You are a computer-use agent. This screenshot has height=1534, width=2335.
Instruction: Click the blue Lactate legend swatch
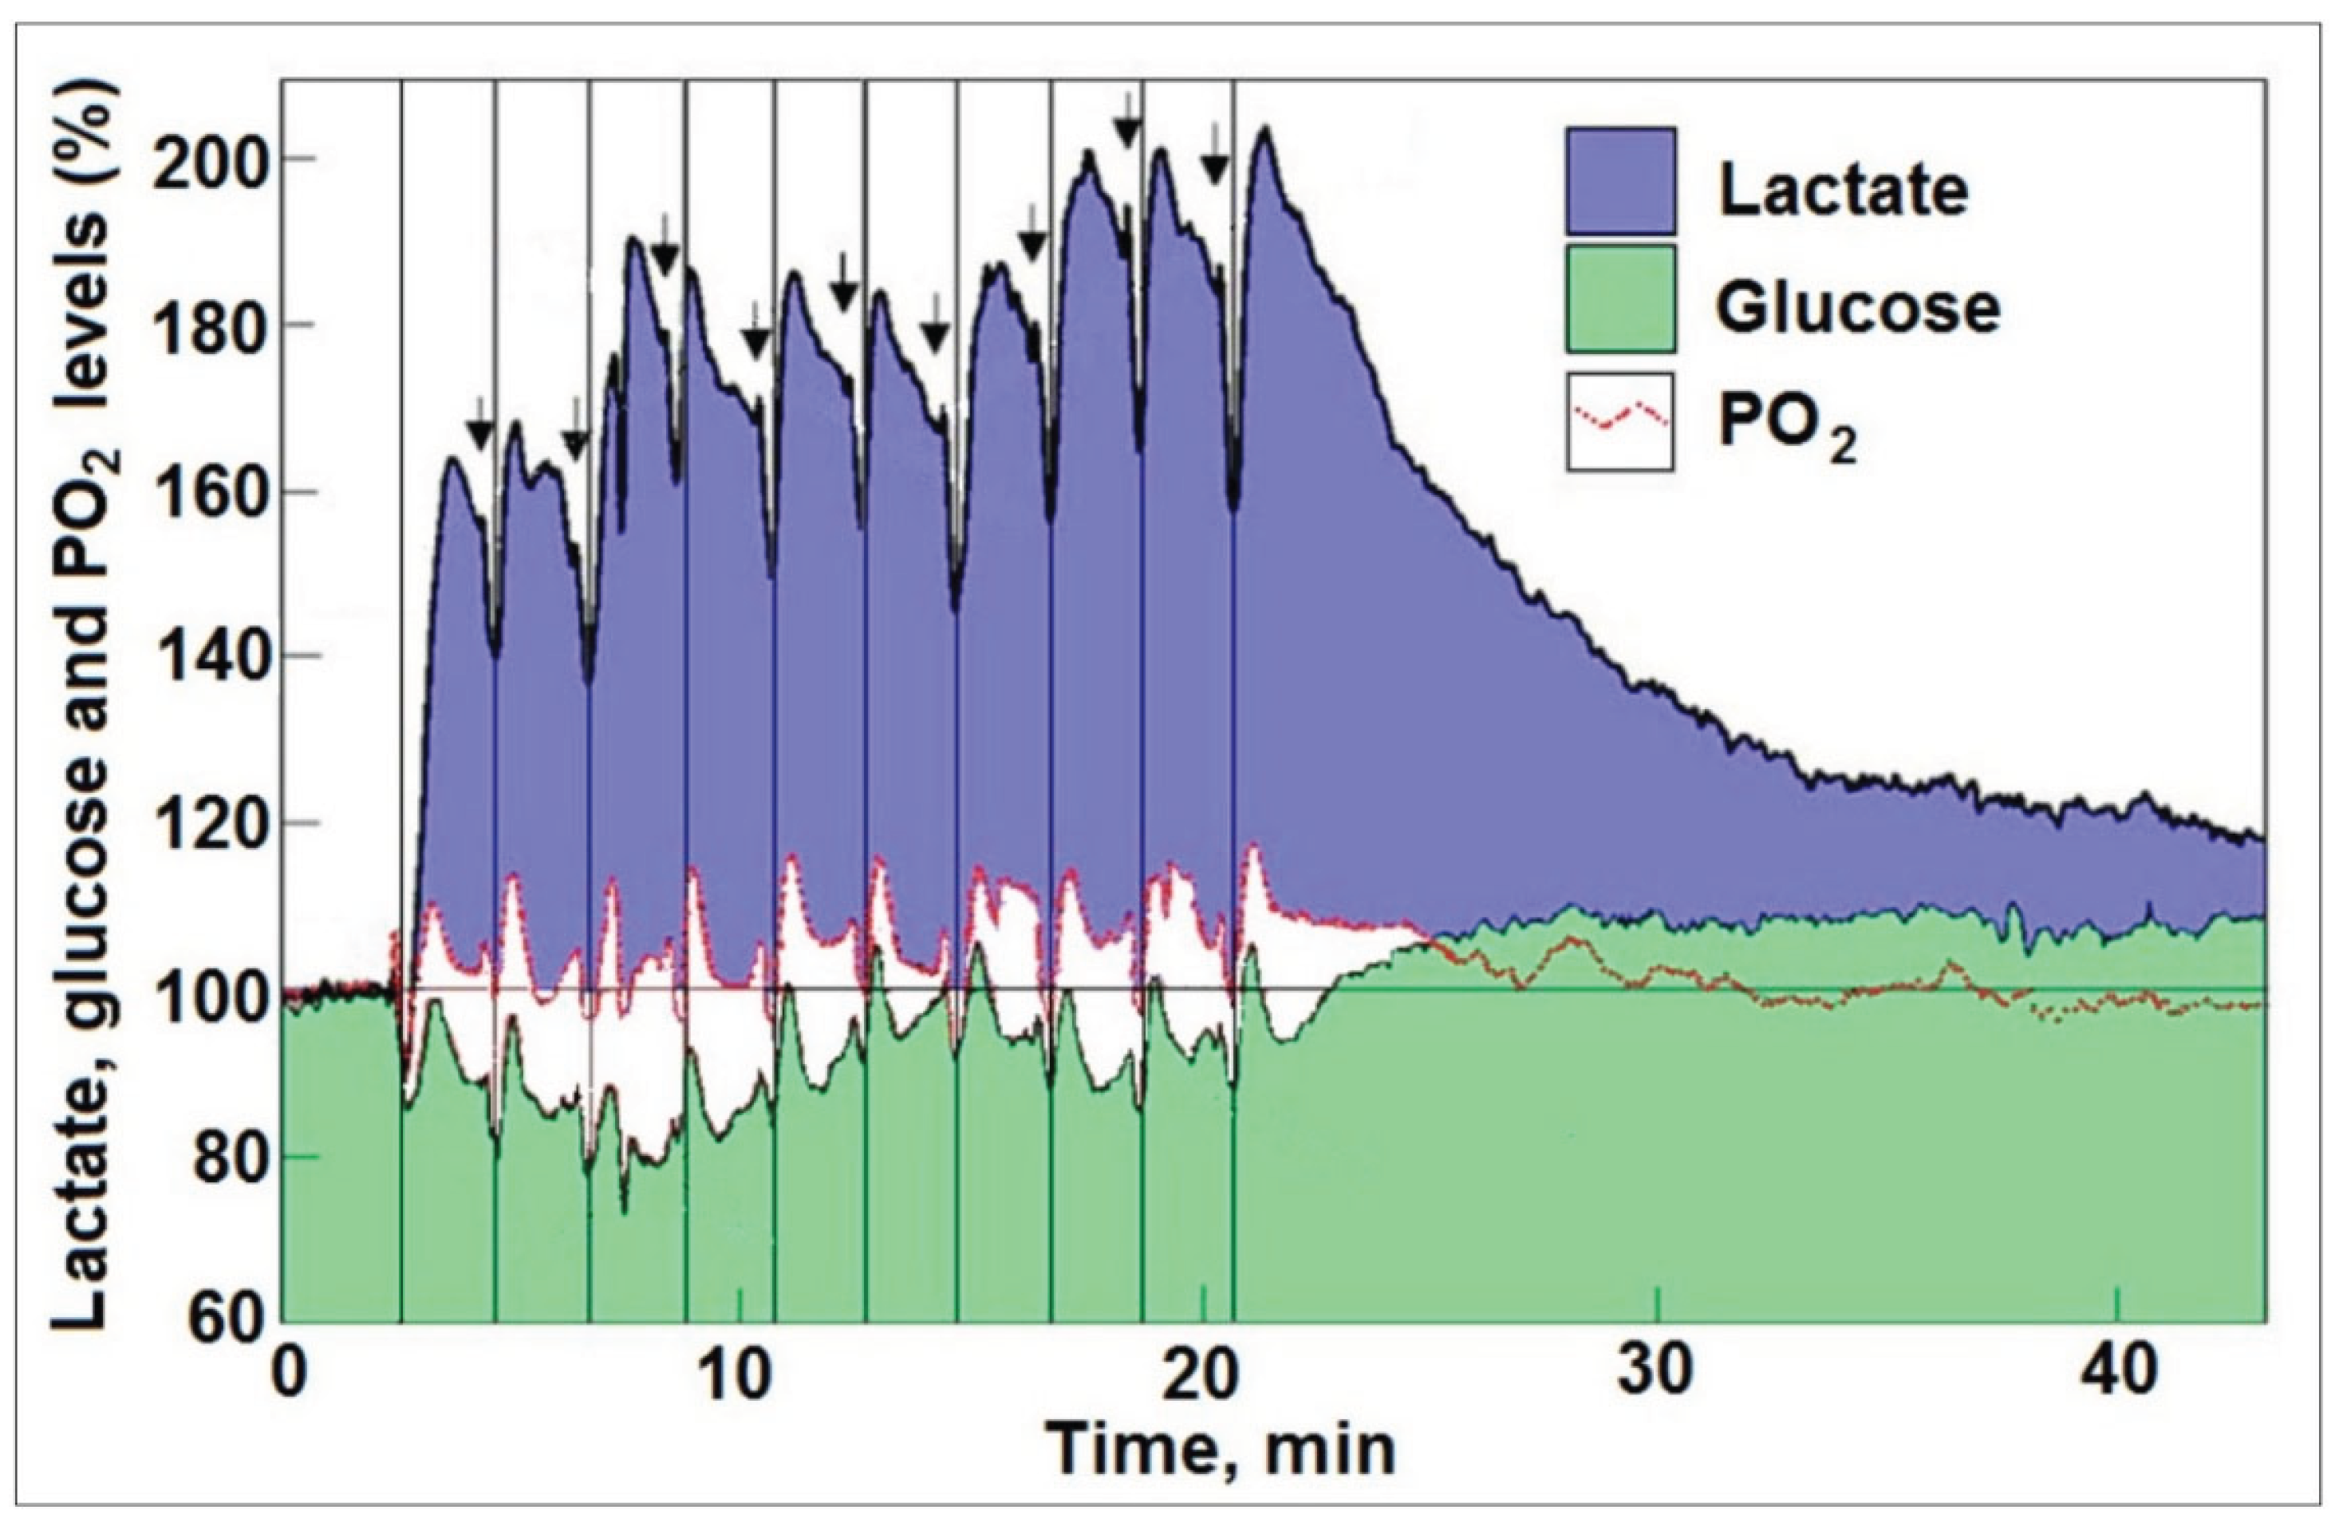click(x=1619, y=180)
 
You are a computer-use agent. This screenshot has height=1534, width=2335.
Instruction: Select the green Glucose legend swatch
click(x=1619, y=298)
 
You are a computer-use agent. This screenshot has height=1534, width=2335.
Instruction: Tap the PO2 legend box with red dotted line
click(x=1619, y=422)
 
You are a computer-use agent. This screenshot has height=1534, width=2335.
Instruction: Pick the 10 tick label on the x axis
click(x=742, y=1375)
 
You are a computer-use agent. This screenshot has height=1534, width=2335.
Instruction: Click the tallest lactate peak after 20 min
click(x=1265, y=132)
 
